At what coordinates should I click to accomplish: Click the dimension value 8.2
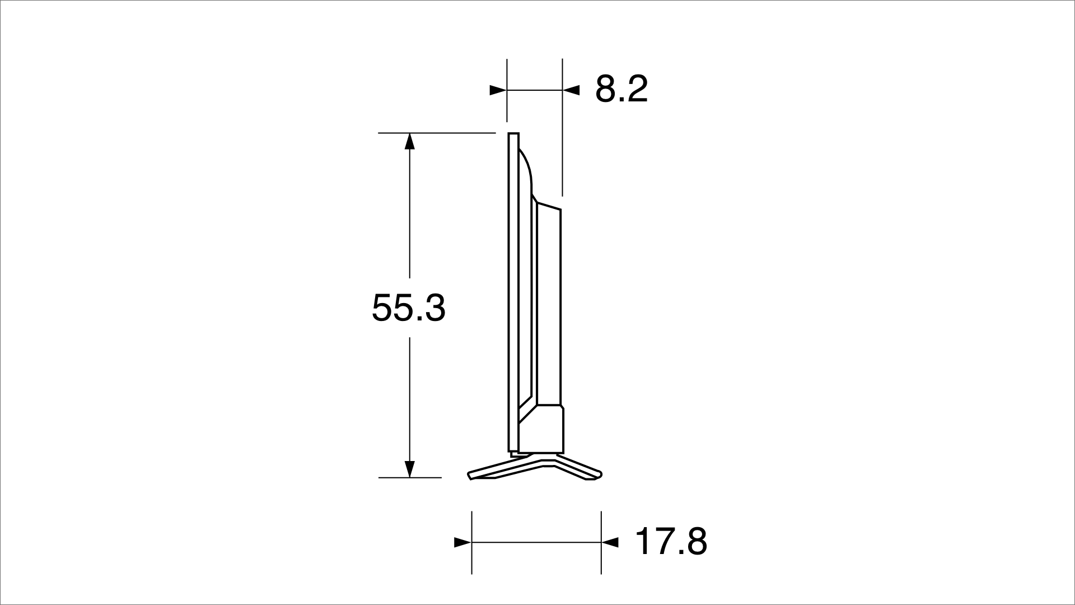click(x=621, y=89)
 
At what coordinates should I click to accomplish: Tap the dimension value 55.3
click(x=408, y=308)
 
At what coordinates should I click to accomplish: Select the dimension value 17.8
click(x=671, y=542)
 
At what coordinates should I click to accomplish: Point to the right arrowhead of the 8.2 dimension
click(x=571, y=90)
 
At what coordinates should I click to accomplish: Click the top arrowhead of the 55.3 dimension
click(x=409, y=141)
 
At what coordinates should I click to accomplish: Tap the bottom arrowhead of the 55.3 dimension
click(x=409, y=469)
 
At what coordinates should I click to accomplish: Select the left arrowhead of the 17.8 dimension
click(x=462, y=542)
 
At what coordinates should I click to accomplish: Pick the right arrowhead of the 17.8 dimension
click(x=610, y=542)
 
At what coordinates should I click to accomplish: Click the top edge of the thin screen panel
click(x=513, y=133)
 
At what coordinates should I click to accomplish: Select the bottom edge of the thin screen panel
click(x=513, y=451)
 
